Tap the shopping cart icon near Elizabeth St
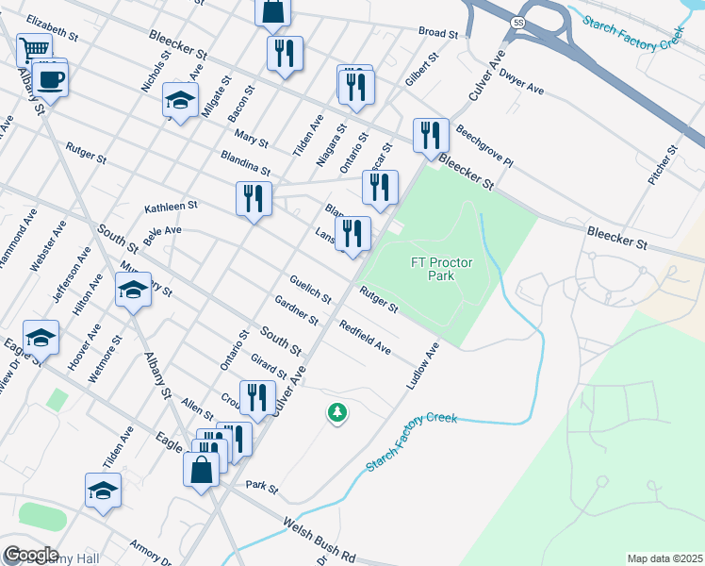coord(34,48)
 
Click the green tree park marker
coord(336,412)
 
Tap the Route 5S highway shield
coord(518,21)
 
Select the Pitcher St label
coord(664,164)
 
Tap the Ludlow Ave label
coord(422,366)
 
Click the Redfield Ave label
coord(365,340)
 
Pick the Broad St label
coord(438,33)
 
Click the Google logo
coord(31,555)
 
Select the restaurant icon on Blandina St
coord(253,198)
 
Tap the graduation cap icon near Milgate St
coord(181,100)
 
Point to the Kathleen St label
coord(170,206)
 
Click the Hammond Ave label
coord(11,244)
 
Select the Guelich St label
coord(310,289)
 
